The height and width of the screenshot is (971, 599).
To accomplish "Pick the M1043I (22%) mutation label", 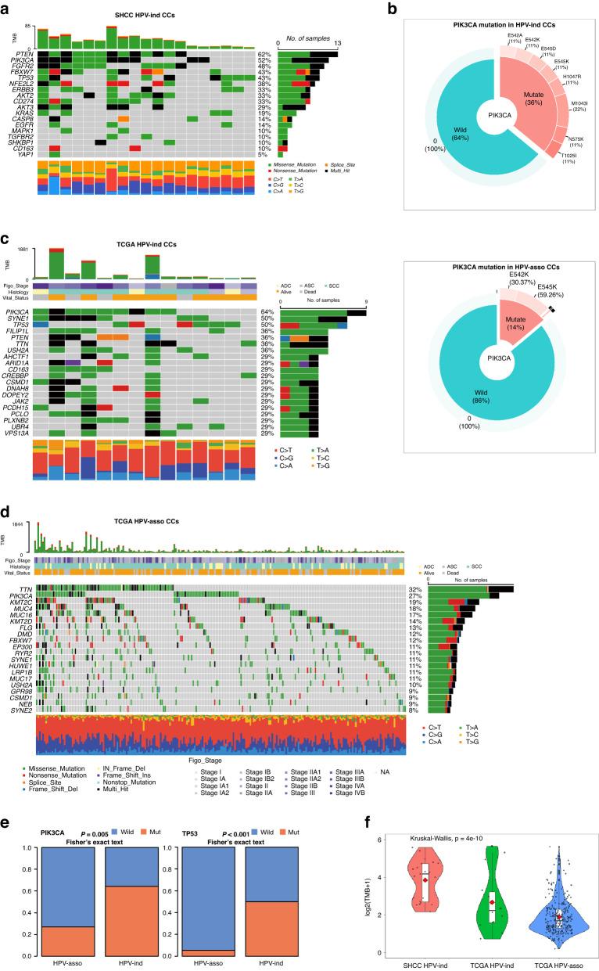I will click(x=579, y=109).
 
